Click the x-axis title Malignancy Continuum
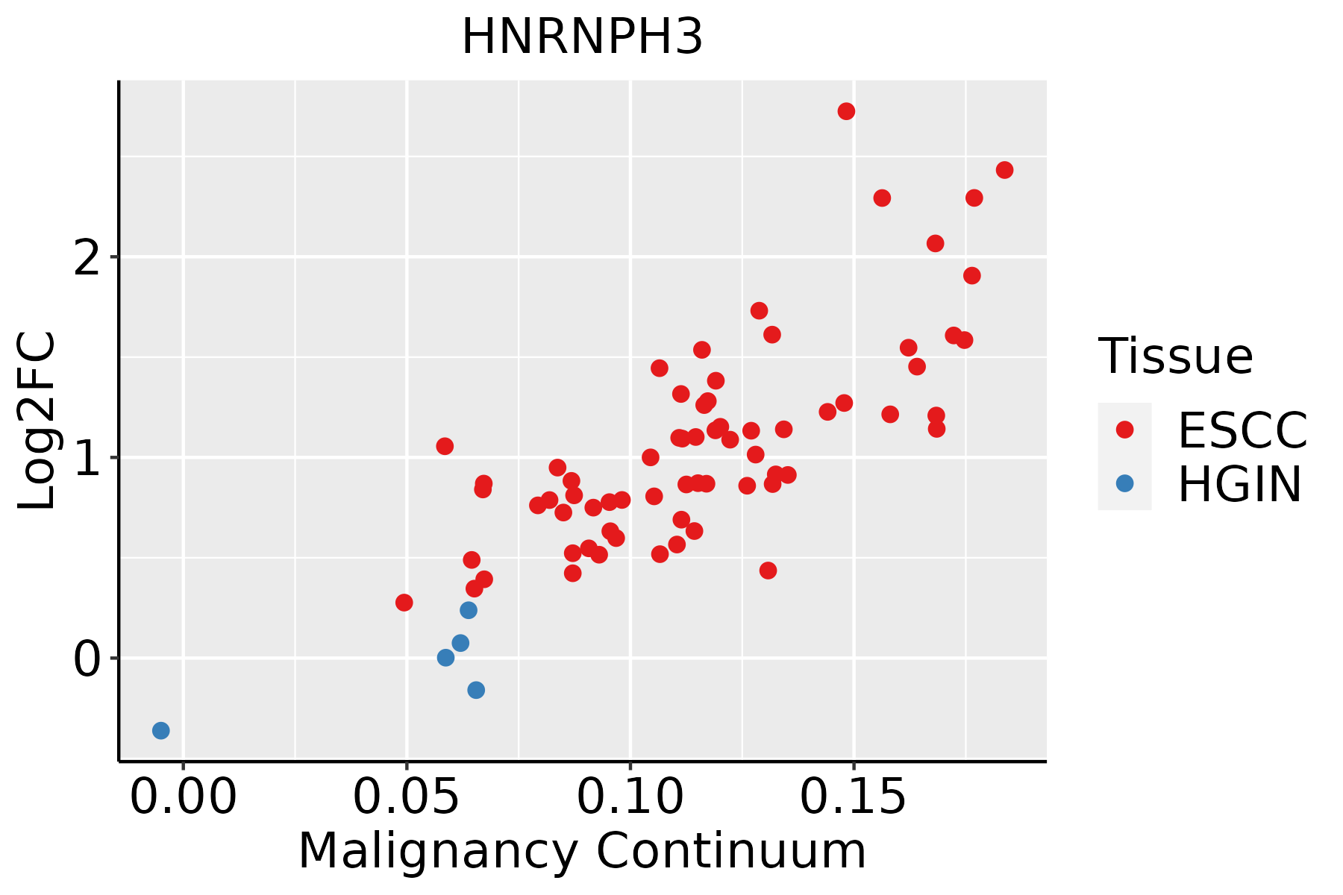(582, 852)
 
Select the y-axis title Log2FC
(37, 421)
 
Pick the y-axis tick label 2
(87, 257)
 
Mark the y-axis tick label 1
(87, 458)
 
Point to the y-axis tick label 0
(87, 659)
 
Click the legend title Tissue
(1176, 357)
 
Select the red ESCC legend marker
(1124, 429)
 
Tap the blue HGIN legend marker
(1124, 483)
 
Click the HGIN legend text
(1240, 485)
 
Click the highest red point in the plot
(846, 111)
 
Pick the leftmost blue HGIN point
(161, 730)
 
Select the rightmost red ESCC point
(1004, 170)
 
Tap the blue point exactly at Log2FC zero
(445, 657)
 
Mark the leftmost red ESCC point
(404, 603)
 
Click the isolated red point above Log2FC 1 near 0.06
(445, 446)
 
